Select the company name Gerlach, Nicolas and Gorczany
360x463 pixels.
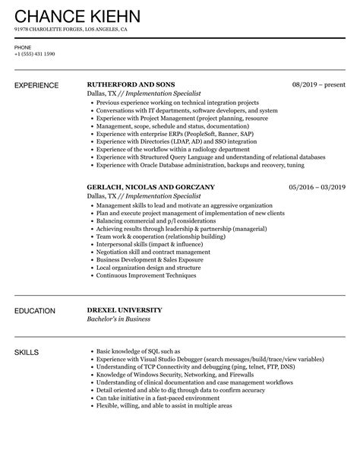click(150, 186)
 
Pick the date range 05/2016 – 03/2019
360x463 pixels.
click(317, 186)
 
